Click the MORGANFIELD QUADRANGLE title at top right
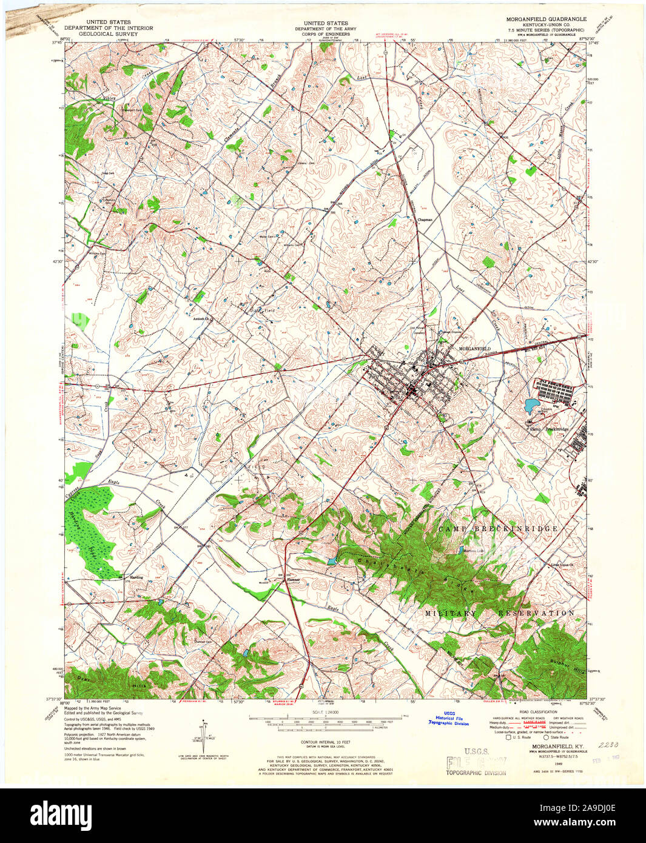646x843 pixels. pos(545,19)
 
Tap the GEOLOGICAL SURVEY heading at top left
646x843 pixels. pos(109,35)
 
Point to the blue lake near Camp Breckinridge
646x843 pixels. pos(533,405)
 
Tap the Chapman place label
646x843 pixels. pos(425,220)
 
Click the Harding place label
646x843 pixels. pos(136,577)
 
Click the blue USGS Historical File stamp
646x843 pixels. pos(449,719)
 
